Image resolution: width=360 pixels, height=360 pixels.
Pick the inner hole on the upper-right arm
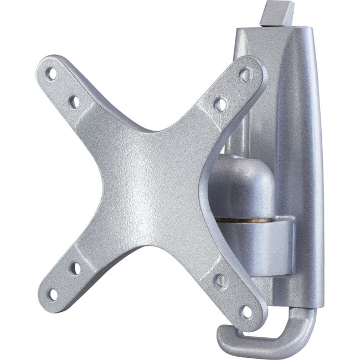[x=220, y=103]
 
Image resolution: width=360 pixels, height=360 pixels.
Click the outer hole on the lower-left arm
[x=53, y=294]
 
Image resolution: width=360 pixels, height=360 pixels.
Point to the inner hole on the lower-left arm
[x=75, y=269]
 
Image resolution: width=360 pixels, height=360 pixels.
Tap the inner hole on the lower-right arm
[x=220, y=281]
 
